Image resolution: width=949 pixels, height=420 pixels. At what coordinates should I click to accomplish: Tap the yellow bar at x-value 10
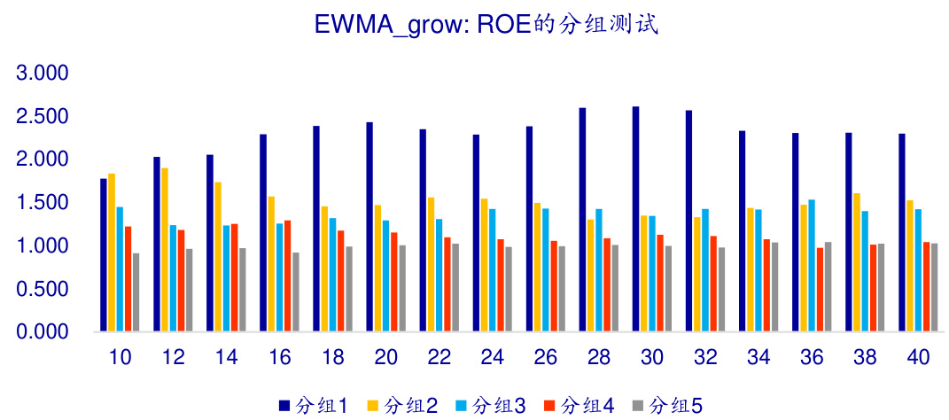pos(112,253)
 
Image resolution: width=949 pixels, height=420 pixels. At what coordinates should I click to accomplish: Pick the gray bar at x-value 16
pos(296,292)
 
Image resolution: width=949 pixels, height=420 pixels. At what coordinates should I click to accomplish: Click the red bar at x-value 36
pos(820,290)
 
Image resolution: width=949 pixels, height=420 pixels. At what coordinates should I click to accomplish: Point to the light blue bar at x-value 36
pos(811,266)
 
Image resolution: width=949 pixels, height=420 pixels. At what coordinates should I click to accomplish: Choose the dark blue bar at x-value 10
pos(104,255)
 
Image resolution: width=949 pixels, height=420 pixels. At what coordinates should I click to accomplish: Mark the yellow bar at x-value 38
pos(857,262)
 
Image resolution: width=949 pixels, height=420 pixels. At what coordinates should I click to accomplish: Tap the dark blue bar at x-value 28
pos(582,220)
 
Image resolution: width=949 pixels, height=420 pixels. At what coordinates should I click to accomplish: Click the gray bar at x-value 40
pos(934,287)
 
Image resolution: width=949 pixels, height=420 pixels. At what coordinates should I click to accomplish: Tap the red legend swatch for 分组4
pos(550,406)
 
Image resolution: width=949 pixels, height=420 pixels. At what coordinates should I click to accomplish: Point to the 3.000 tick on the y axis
pos(43,73)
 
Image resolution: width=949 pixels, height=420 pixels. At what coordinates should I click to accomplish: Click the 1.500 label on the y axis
pos(43,202)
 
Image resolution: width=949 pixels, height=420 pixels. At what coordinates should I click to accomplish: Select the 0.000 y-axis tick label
pos(43,332)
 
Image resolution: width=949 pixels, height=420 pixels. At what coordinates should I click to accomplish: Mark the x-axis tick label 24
pos(493,358)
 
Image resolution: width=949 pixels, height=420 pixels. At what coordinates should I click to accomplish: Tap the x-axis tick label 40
pos(918,358)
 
